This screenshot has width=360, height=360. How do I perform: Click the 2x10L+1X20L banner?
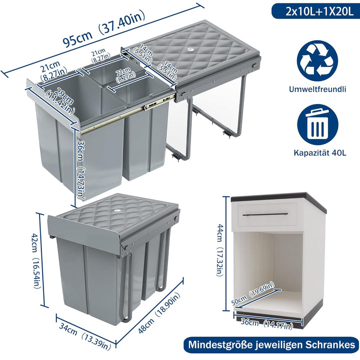pyautogui.click(x=315, y=11)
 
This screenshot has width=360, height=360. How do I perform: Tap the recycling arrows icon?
pyautogui.click(x=317, y=60)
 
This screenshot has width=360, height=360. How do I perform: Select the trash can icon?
pyautogui.click(x=317, y=124)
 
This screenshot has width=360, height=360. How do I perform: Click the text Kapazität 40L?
pyautogui.click(x=320, y=153)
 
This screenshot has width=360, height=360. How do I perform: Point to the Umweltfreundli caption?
pyautogui.click(x=317, y=89)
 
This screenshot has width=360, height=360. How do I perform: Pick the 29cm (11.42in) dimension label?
pyautogui.click(x=60, y=101)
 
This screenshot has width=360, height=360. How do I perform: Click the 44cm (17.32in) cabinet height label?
pyautogui.click(x=219, y=250)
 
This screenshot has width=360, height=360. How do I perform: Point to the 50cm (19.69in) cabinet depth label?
pyautogui.click(x=252, y=293)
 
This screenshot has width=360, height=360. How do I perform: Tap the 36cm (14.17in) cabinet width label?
pyautogui.click(x=267, y=323)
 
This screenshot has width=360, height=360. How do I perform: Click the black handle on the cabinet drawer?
pyautogui.click(x=265, y=214)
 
